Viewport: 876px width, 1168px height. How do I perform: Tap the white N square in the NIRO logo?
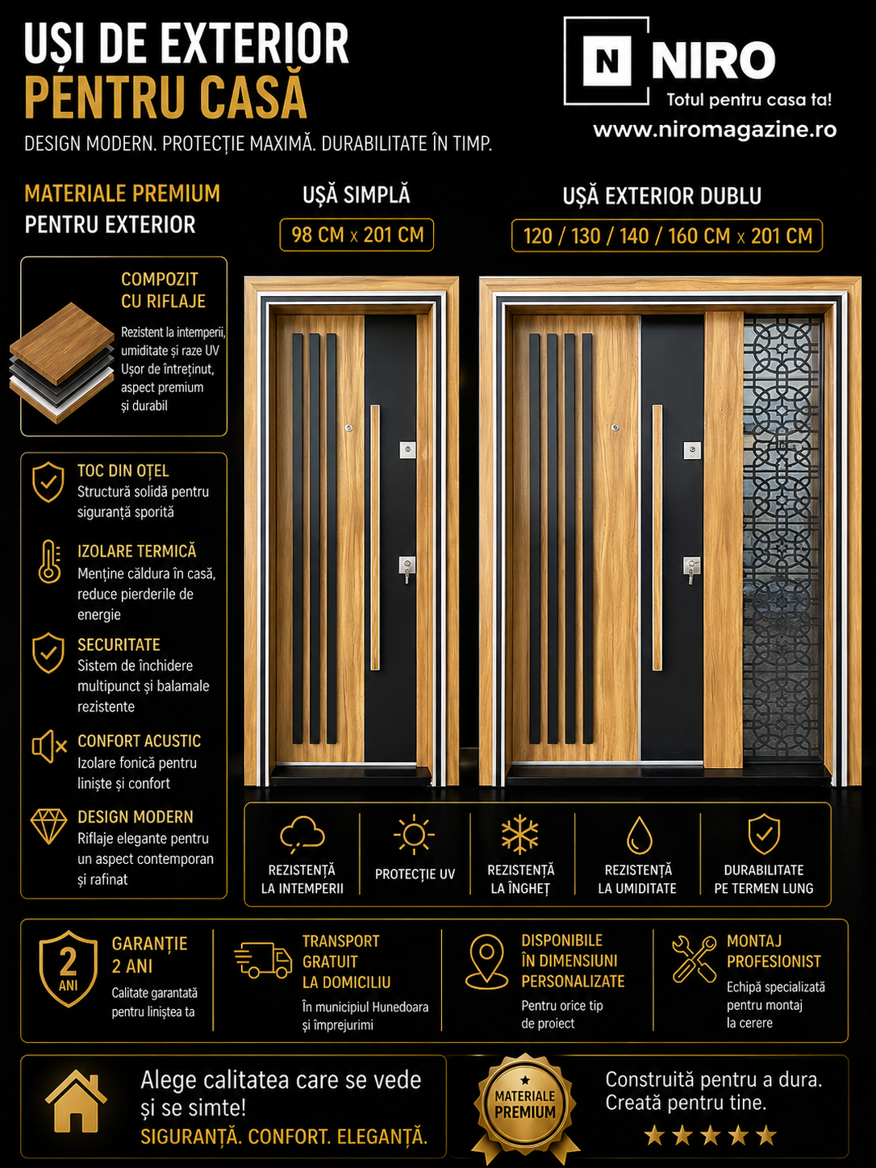(x=607, y=60)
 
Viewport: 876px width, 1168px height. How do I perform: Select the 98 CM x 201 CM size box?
(x=357, y=235)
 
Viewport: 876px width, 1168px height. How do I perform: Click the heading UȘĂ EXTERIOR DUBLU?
(x=661, y=196)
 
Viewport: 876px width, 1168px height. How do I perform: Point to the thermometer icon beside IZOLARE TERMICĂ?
(x=49, y=561)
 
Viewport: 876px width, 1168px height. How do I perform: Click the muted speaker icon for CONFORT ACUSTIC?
(x=49, y=747)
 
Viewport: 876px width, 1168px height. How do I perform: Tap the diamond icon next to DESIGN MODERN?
(x=48, y=826)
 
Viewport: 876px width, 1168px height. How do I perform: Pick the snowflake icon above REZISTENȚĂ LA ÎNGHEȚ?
(x=519, y=834)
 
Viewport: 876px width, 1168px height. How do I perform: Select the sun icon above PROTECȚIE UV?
(x=414, y=834)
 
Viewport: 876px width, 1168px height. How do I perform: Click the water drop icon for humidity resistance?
(x=639, y=836)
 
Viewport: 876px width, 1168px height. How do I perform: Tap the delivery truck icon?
(x=263, y=961)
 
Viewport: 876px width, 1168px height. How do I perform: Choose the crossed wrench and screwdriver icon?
(x=694, y=959)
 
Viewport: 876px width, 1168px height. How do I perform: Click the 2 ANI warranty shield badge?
(x=68, y=969)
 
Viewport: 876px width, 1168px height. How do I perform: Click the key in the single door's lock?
(x=407, y=574)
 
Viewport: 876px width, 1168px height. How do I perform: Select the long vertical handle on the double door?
(x=657, y=537)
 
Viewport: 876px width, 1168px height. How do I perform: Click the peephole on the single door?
(x=349, y=428)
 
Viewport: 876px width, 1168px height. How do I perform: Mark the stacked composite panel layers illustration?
(x=61, y=363)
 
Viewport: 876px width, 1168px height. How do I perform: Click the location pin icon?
(x=486, y=962)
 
